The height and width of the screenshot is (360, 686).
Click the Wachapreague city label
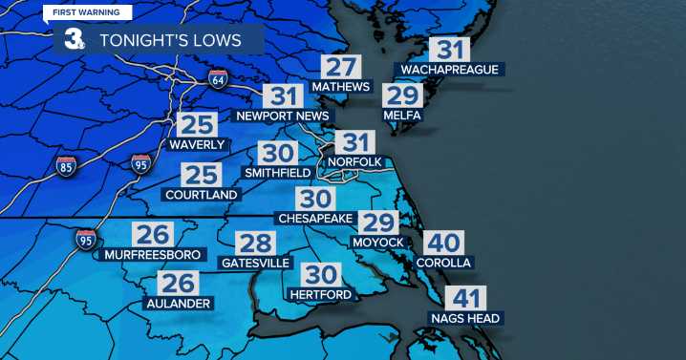pos(451,70)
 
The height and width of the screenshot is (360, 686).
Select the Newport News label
pos(282,116)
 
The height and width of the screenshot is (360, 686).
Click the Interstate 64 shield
pos(219,78)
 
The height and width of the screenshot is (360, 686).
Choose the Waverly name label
pos(197,145)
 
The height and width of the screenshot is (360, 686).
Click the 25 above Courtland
pos(203,175)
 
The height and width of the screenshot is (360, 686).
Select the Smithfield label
pos(277,173)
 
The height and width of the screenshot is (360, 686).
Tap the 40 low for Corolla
pos(443,243)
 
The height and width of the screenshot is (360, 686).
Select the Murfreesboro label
pos(152,255)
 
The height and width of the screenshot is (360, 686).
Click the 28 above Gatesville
pos(255,243)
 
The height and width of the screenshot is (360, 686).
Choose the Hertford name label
pos(321,294)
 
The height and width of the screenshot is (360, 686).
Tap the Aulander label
pos(179,303)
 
